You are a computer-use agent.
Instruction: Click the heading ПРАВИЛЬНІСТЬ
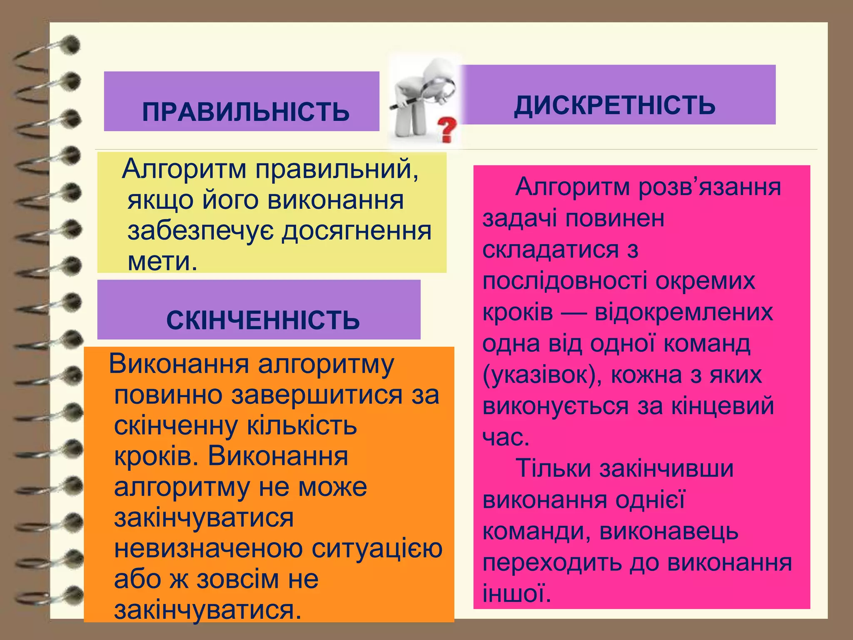[246, 112]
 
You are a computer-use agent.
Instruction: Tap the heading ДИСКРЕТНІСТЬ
[615, 105]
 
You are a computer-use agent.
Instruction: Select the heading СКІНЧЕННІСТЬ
[263, 320]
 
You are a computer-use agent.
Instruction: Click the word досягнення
[357, 231]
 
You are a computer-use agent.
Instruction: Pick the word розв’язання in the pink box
[710, 187]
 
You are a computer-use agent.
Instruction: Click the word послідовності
[565, 281]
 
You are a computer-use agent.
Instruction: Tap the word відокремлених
[683, 312]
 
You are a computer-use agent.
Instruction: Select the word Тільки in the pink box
[553, 468]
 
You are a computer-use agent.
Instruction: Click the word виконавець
[669, 531]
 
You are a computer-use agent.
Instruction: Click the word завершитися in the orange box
[317, 395]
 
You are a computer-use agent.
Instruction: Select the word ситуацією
[377, 549]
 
